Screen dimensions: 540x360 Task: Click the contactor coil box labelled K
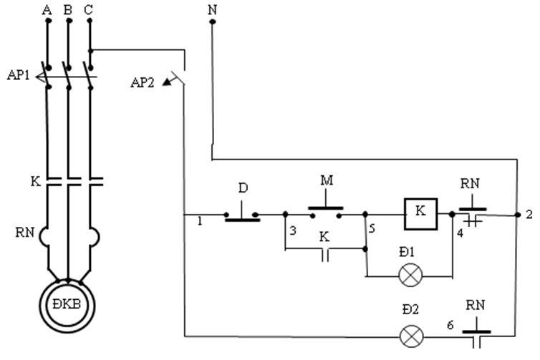coord(421,214)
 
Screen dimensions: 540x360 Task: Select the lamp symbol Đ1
coord(410,275)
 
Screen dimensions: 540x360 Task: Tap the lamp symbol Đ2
coord(412,336)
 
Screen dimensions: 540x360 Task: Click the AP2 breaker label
coord(143,83)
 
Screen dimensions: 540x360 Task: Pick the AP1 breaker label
coord(18,75)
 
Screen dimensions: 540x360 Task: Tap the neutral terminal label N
coord(213,9)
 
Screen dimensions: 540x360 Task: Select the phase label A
coord(47,10)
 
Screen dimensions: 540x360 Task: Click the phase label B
coord(68,10)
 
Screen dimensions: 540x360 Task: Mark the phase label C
coord(89,10)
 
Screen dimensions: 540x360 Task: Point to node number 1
coord(200,221)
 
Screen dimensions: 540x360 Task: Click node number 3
coord(293,230)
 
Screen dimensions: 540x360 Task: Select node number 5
coord(372,228)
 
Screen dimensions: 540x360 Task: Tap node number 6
coord(450,325)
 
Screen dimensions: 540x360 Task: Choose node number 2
coord(529,215)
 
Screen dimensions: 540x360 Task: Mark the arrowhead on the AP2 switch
coord(167,82)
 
